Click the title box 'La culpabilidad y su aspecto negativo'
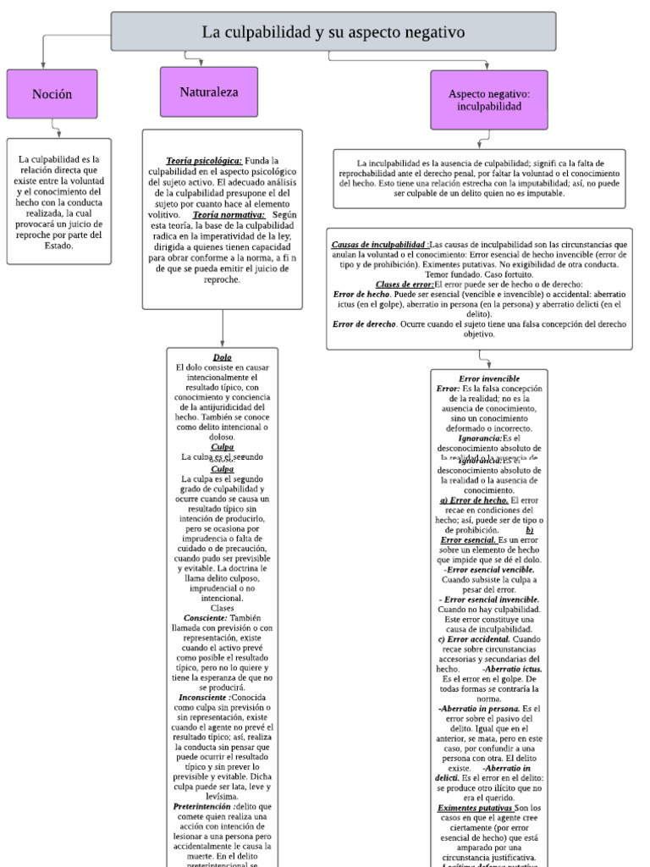coord(333,32)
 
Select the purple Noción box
coord(52,94)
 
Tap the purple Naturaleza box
coord(209,91)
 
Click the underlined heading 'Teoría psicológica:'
coord(204,160)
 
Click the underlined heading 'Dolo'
coord(222,357)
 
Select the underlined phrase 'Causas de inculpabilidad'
coord(379,244)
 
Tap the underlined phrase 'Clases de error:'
coord(404,284)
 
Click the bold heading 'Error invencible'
coord(488,378)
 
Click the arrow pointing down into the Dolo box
coord(222,340)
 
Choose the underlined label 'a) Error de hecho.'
coord(473,500)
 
